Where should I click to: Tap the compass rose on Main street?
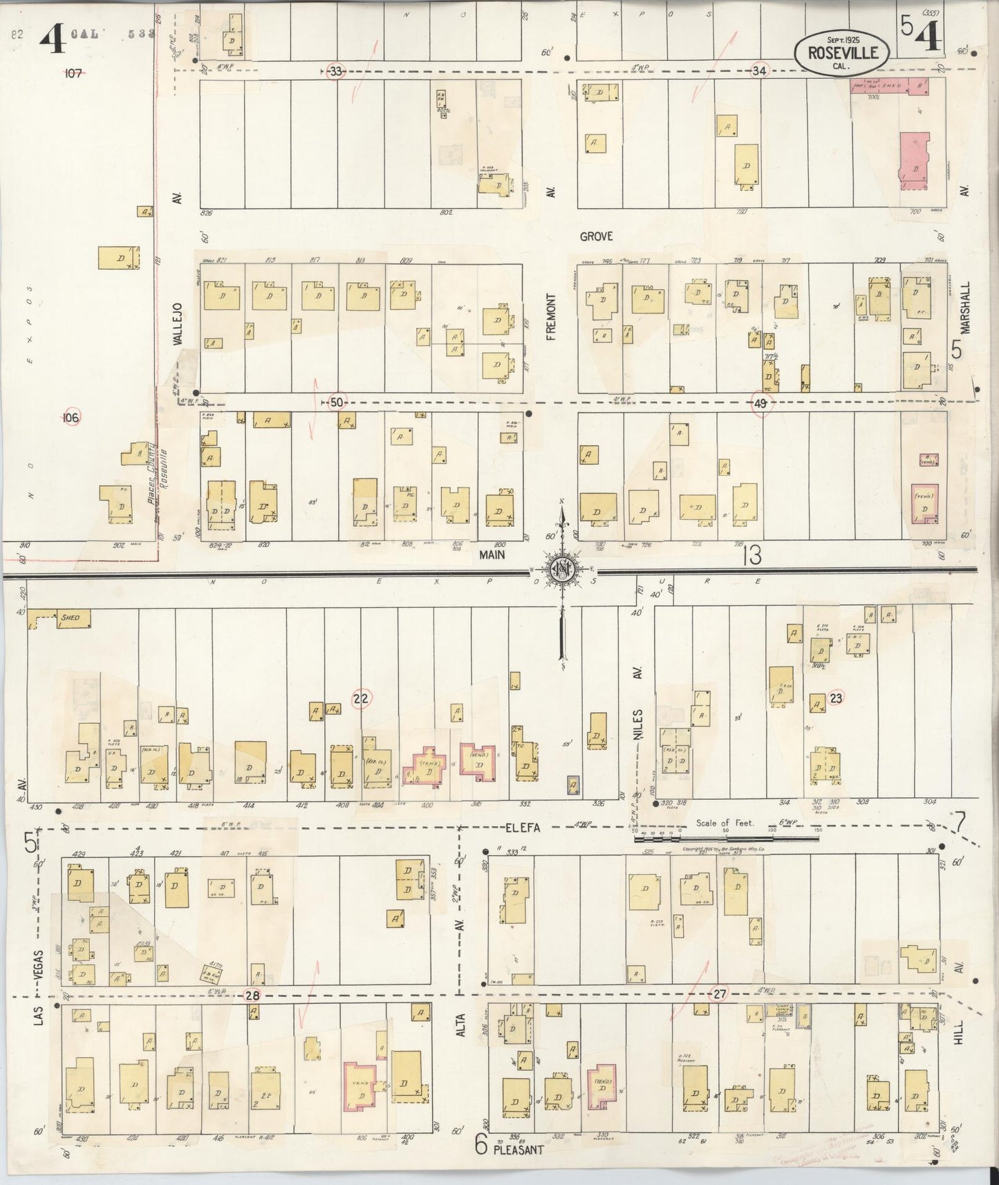click(561, 570)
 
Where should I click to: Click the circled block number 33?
click(336, 71)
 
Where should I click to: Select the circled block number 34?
click(759, 71)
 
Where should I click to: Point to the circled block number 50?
click(337, 402)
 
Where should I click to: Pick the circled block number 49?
click(760, 404)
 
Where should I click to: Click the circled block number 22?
click(361, 699)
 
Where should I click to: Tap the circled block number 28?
click(252, 995)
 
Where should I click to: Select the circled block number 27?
click(720, 993)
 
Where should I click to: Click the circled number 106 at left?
click(71, 417)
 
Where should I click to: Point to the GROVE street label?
click(596, 236)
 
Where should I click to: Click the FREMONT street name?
click(551, 317)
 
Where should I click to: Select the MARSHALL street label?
click(966, 307)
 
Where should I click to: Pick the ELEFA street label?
click(521, 825)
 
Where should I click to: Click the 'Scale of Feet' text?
click(725, 823)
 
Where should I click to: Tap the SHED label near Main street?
click(70, 617)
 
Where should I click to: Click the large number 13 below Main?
click(751, 555)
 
